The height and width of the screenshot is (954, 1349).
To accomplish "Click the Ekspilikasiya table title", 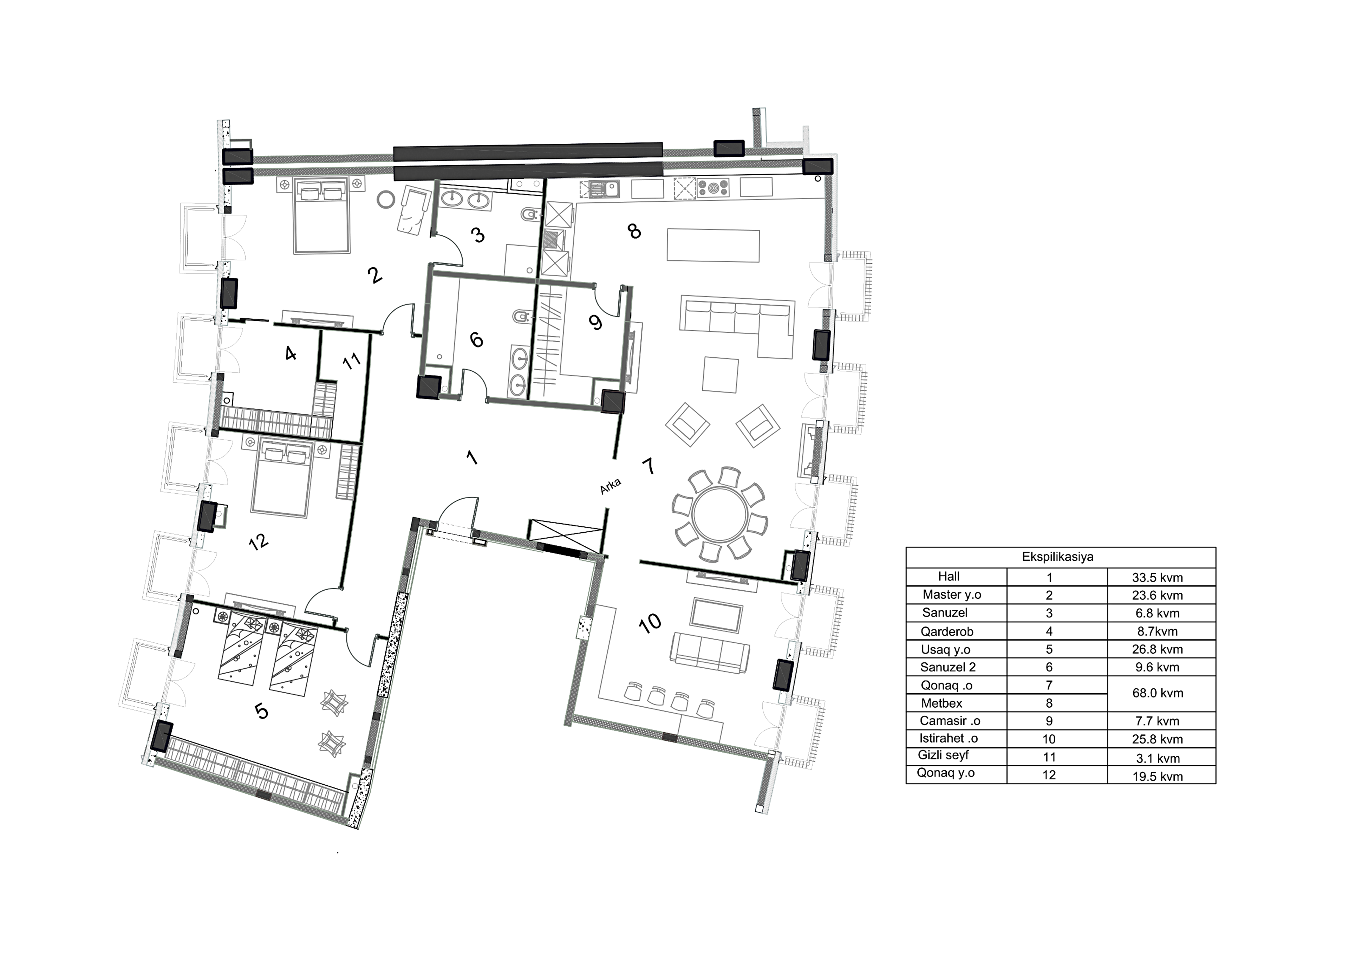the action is click(x=1057, y=557).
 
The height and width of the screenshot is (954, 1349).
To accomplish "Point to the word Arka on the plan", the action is click(x=611, y=486).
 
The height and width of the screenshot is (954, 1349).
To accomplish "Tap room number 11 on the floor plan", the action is click(x=351, y=360).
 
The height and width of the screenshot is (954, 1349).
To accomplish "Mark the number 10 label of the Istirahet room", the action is click(x=650, y=623).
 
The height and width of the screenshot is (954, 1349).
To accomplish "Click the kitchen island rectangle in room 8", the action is click(x=713, y=245).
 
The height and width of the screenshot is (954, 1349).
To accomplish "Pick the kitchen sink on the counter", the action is click(x=605, y=189).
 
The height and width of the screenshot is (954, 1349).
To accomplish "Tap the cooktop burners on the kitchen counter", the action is click(x=713, y=188).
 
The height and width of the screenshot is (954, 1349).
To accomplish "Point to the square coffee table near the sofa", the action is click(x=720, y=375).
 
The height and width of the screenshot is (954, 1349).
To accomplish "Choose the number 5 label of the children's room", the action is click(x=261, y=711).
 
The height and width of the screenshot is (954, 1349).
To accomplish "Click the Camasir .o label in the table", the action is click(x=950, y=721).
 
